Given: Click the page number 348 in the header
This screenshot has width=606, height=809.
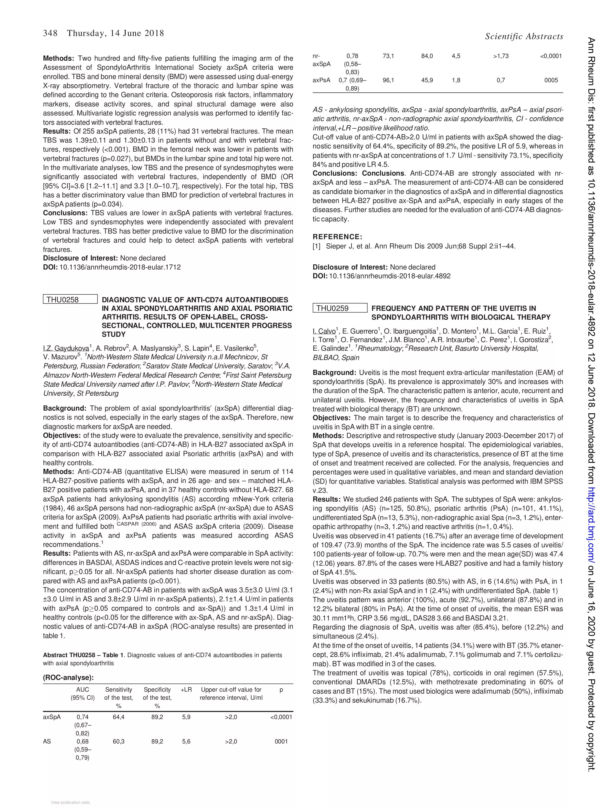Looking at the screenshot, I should pyautogui.click(x=50, y=33).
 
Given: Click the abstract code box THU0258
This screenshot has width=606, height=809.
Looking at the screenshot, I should pyautogui.click(x=70, y=300).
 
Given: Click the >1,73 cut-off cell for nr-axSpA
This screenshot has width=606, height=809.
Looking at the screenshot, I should pyautogui.click(x=500, y=56).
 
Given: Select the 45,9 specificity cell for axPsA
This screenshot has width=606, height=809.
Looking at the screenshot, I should pyautogui.click(x=427, y=80).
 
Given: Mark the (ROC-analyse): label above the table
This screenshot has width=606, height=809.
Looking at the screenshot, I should pyautogui.click(x=68, y=677).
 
